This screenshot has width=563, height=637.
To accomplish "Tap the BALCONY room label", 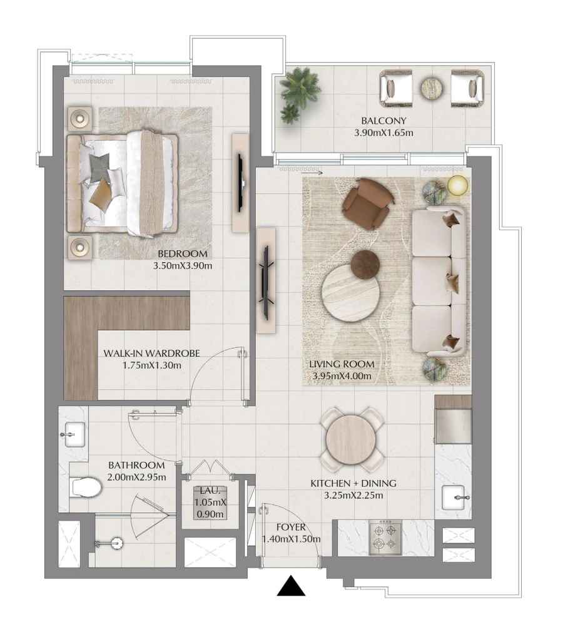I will [x=384, y=121].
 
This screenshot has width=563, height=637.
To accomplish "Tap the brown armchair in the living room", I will [x=368, y=202].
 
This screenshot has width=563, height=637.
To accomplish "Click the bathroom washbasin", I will [x=74, y=433].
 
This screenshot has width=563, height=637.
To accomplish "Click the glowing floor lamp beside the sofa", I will [x=458, y=185].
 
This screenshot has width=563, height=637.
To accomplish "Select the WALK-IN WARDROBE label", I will [x=151, y=354].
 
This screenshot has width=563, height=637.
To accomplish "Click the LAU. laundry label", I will [x=209, y=491].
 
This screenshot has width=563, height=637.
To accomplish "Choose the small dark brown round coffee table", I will [x=365, y=263].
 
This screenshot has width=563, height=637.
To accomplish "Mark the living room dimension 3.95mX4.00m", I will [x=342, y=375].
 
